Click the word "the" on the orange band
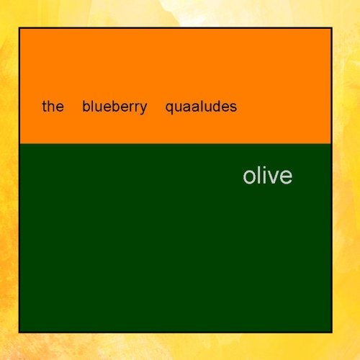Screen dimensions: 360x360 53,107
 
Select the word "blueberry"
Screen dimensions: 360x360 114,107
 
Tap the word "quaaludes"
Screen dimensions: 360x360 201,107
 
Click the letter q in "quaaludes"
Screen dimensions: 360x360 169,109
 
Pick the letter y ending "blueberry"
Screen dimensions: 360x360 143,109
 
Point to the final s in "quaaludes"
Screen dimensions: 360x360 233,108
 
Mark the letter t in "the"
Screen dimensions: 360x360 44,107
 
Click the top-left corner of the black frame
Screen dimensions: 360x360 19,28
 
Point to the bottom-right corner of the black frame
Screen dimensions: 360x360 331,332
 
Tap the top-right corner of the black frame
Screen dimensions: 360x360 331,28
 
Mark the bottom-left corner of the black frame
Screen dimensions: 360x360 19,332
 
